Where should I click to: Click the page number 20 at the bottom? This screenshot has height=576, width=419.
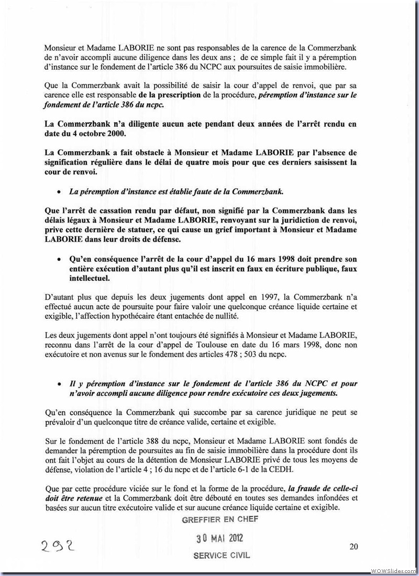pos(354,547)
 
